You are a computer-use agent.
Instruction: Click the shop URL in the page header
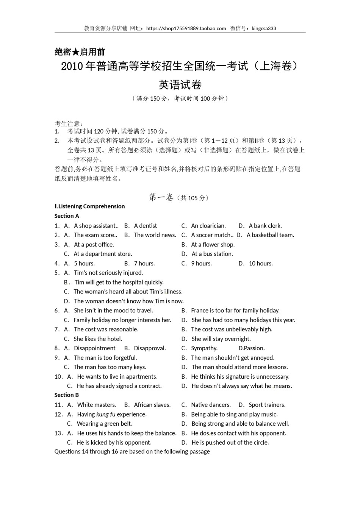(x=186, y=28)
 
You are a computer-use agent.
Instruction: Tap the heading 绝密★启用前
(x=80, y=52)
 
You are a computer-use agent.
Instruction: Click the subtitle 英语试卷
(x=180, y=84)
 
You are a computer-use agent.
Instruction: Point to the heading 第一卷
(x=161, y=197)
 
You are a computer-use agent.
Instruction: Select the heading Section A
(x=67, y=216)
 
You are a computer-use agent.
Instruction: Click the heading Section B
(x=67, y=395)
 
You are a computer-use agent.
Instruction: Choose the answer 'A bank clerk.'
(x=265, y=226)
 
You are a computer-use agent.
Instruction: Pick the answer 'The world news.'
(x=155, y=235)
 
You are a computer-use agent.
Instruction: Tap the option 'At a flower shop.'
(x=213, y=245)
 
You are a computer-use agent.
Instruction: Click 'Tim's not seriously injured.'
(x=108, y=273)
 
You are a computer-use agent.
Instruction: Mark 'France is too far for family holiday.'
(x=235, y=311)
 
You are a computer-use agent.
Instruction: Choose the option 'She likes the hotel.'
(x=98, y=339)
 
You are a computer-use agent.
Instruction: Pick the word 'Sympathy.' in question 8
(x=204, y=348)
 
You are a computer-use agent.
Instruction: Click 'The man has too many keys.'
(x=110, y=367)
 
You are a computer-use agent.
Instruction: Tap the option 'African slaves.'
(x=152, y=405)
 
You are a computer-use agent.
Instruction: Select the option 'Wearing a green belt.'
(x=104, y=424)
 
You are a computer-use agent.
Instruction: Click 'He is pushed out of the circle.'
(x=230, y=442)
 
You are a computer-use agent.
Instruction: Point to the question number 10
(x=58, y=376)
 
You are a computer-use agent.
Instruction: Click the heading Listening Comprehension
(x=91, y=206)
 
